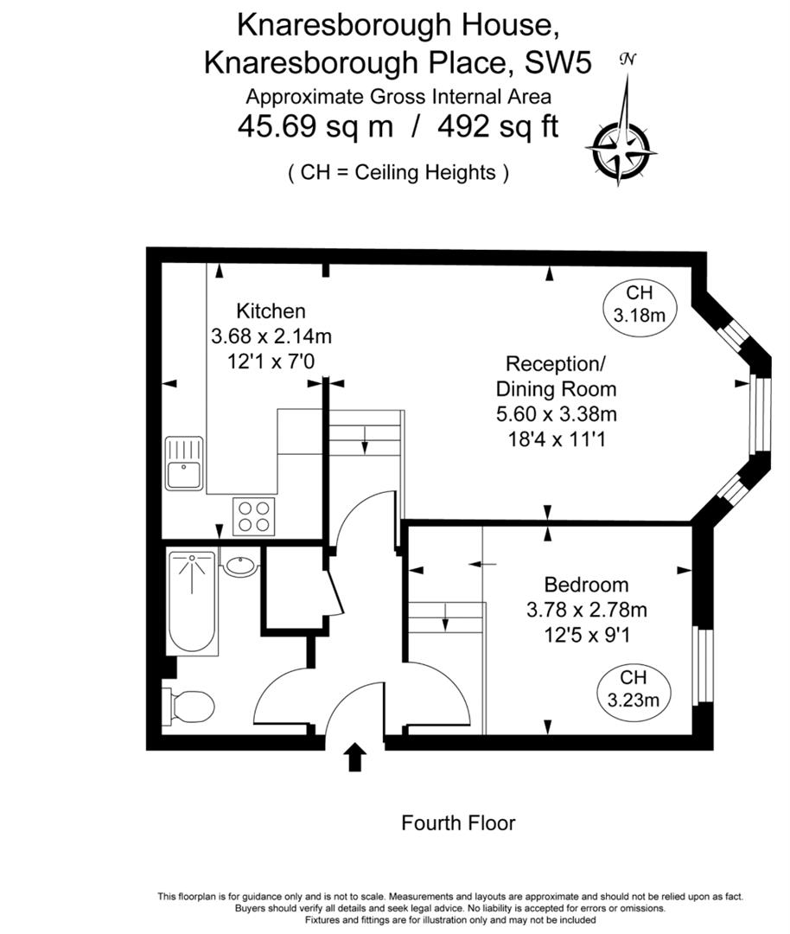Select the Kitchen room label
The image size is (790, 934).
coord(271,311)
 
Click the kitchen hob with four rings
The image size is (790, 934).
coord(254,516)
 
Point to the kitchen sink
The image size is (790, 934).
coord(183,465)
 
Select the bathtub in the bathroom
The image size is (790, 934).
coord(192,602)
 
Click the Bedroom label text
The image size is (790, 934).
coord(586,585)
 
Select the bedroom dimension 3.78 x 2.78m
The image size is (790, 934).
coord(586,610)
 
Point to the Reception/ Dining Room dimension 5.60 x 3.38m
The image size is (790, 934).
coord(556,414)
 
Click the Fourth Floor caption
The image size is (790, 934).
coord(458,822)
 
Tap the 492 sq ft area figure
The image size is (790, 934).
coord(498,127)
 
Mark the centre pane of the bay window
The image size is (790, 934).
coord(760,414)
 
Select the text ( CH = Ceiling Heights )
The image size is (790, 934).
coord(398,172)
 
